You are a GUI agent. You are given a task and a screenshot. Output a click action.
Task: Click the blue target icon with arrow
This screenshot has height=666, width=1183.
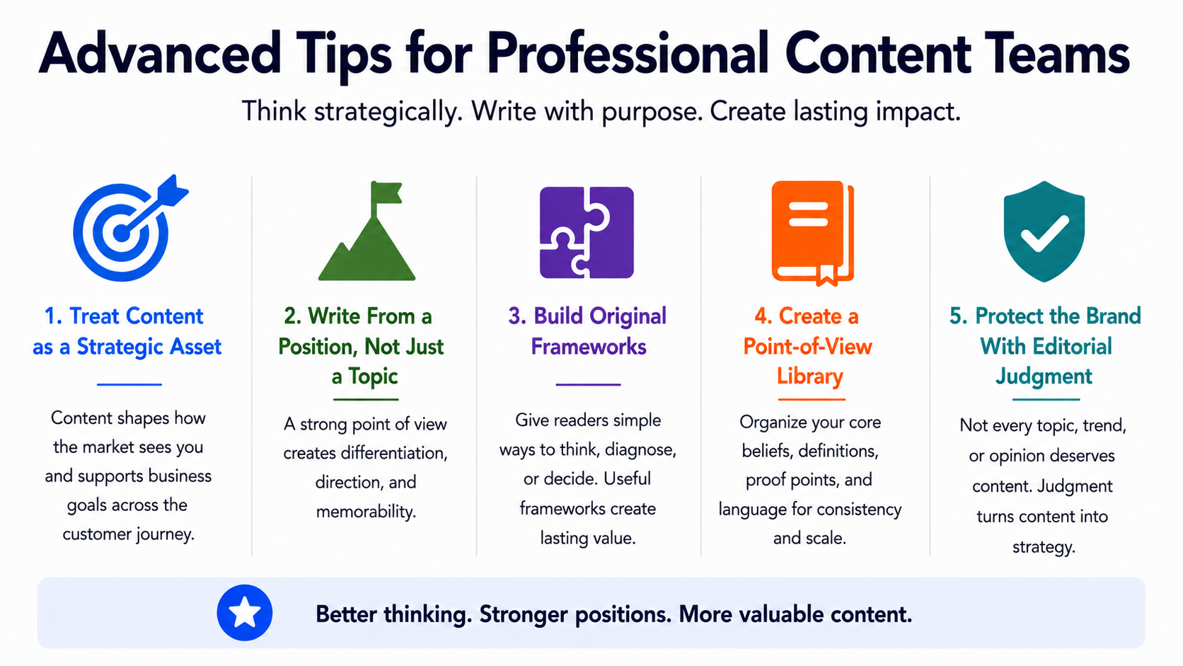coord(127,230)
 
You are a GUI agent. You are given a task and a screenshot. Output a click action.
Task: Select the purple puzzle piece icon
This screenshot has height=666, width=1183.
coord(587,232)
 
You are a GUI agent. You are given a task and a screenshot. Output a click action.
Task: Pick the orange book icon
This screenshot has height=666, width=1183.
coord(812,233)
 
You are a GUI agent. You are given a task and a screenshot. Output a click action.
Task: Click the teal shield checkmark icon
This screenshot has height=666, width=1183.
coord(1044,231)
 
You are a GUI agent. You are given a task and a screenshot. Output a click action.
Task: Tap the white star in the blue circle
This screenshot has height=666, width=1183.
coord(245,613)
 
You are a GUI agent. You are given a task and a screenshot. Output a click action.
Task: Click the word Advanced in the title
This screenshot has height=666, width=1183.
coord(159,53)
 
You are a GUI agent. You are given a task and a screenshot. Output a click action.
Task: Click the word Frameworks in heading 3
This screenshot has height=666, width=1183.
coord(589,347)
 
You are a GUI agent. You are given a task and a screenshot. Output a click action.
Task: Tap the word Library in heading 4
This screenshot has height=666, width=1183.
coord(809,377)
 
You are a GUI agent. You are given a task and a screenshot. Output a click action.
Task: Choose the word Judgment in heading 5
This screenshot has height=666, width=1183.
coord(1044,377)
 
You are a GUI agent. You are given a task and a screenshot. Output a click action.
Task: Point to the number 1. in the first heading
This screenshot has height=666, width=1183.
coord(53,316)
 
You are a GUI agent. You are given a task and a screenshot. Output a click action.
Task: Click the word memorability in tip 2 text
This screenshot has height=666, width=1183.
coord(366,512)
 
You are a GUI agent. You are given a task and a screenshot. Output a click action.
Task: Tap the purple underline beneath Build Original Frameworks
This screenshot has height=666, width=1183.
coord(588,384)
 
